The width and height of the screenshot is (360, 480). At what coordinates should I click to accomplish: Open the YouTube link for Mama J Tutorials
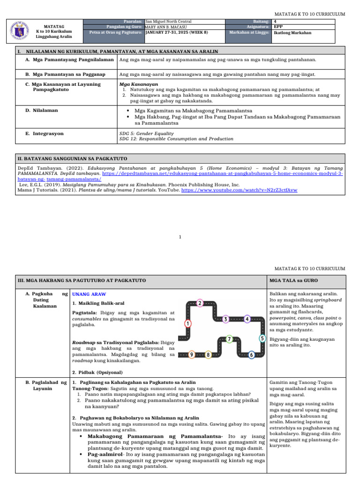point(239,190)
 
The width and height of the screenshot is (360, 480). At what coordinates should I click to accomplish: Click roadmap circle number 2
point(200,303)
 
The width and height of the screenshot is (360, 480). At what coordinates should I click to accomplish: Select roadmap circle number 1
point(187,323)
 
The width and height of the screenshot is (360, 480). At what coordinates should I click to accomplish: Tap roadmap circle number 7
point(229,338)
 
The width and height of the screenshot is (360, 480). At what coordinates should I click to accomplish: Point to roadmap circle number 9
point(191,355)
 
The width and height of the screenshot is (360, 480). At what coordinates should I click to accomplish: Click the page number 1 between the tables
point(180,237)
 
